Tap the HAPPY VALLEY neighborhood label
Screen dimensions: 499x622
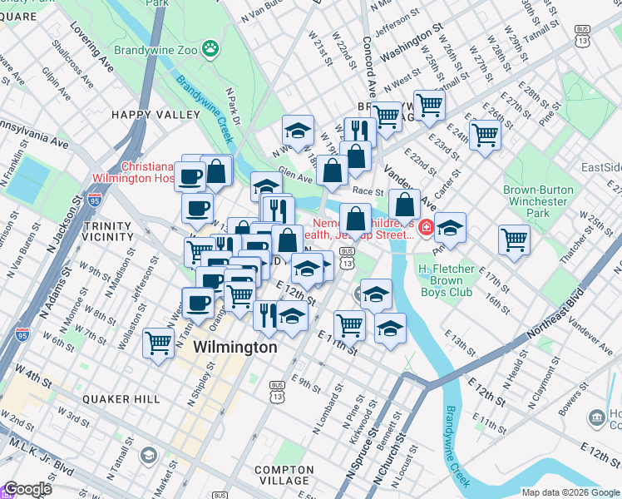coord(145,114)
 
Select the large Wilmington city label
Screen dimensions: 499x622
coord(235,348)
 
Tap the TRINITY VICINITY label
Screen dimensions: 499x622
coord(108,232)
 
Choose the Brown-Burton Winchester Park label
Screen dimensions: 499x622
coord(538,201)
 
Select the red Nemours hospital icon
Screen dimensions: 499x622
coord(425,226)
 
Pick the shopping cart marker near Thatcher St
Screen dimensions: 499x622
coord(515,240)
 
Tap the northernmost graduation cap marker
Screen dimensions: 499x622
coord(298,130)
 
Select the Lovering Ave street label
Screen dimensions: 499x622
coord(92,53)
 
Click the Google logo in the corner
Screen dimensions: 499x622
coord(27,490)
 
